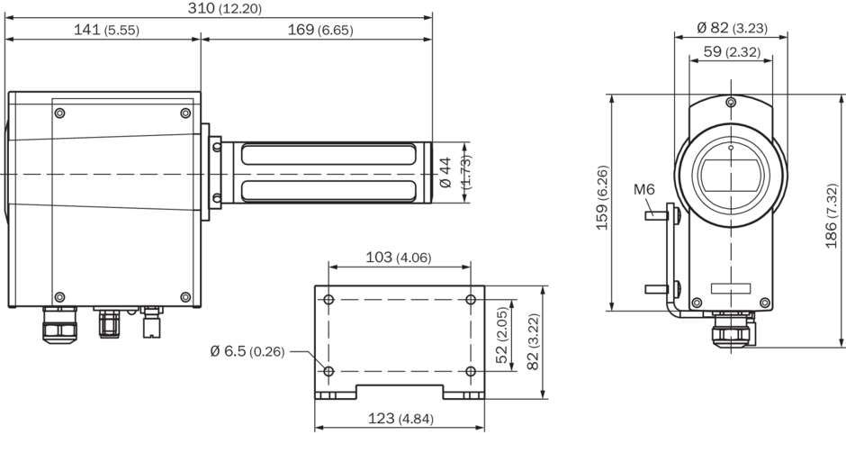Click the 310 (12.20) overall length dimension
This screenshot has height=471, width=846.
click(224, 8)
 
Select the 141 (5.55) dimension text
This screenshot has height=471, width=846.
click(106, 29)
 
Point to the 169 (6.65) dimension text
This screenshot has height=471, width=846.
click(320, 29)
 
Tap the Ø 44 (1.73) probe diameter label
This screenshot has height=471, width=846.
click(455, 172)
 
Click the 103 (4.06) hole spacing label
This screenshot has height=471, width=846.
click(399, 257)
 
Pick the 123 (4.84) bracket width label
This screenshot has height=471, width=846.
click(400, 418)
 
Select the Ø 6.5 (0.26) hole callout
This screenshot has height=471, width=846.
click(247, 351)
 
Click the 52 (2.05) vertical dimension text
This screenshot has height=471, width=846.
click(502, 335)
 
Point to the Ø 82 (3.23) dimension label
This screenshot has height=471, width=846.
click(732, 28)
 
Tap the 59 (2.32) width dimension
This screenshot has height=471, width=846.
click(733, 51)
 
